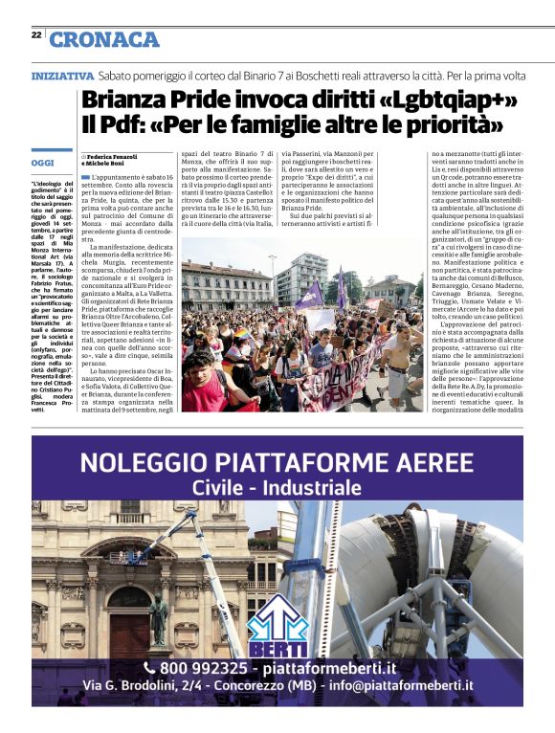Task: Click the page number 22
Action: point(36,34)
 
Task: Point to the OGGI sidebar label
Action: point(43,163)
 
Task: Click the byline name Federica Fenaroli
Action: point(112,156)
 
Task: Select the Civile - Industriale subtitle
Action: point(277,488)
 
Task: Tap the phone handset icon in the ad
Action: point(149,667)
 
